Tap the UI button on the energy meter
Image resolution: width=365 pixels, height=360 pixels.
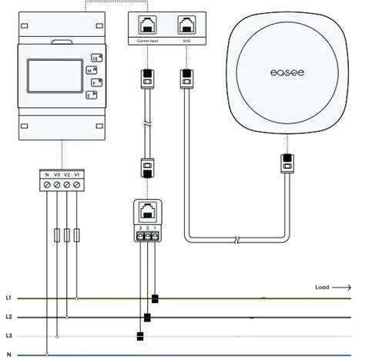pyautogui.click(x=95, y=58)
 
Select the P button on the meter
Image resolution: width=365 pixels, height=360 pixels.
pyautogui.click(x=94, y=82)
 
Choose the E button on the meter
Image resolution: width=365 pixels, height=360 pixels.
pyautogui.click(x=90, y=94)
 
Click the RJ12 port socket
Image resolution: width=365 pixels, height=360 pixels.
pyautogui.click(x=186, y=24)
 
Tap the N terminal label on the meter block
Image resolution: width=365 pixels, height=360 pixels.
pyautogui.click(x=48, y=176)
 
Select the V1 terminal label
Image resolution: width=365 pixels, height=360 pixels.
pyautogui.click(x=76, y=176)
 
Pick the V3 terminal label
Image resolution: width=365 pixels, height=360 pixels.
pyautogui.click(x=57, y=176)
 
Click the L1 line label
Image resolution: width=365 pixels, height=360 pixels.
pyautogui.click(x=8, y=297)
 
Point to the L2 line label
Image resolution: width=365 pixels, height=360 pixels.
pyautogui.click(x=8, y=317)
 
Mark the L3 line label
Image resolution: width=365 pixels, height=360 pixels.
pyautogui.click(x=8, y=336)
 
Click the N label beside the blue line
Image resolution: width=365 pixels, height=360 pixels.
pyautogui.click(x=8, y=354)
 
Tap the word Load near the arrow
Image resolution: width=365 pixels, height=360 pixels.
pyautogui.click(x=322, y=288)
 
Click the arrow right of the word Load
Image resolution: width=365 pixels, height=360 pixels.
pyautogui.click(x=341, y=288)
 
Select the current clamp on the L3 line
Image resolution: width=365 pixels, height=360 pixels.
pyautogui.click(x=139, y=336)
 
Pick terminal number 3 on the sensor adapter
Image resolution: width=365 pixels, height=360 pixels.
pyautogui.click(x=139, y=228)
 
